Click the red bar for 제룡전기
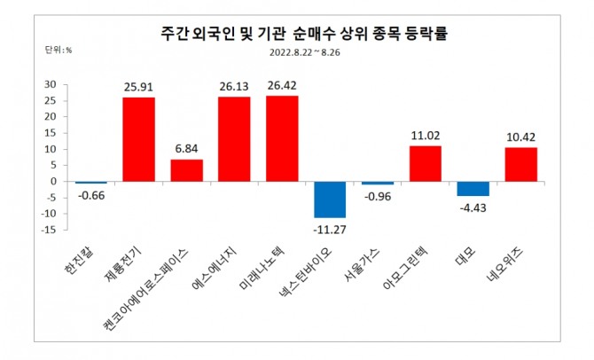[138, 139]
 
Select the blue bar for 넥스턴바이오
[330, 200]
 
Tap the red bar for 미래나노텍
[282, 138]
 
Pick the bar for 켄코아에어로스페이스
[186, 170]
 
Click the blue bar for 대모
[473, 189]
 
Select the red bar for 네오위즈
[521, 164]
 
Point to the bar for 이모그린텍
[426, 163]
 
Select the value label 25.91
[138, 87]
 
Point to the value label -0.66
[90, 194]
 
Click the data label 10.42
[521, 137]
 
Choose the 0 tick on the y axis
[54, 181]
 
